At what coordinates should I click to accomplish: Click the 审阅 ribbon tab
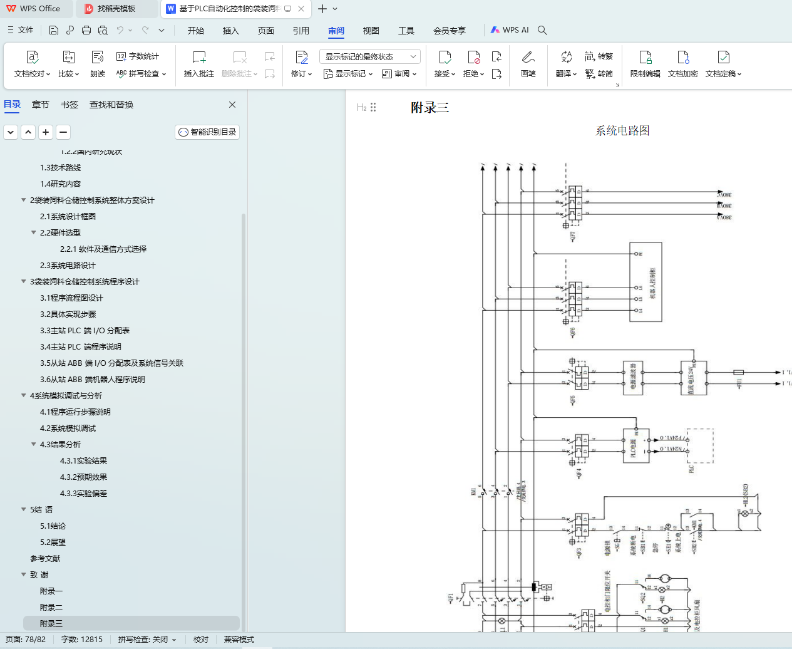(x=336, y=31)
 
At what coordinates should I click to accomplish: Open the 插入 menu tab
(x=231, y=31)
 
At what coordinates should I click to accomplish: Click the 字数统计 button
(x=138, y=56)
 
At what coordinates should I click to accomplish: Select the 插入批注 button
(x=198, y=64)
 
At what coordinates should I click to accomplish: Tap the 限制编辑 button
(x=645, y=64)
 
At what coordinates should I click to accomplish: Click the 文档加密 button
(x=682, y=64)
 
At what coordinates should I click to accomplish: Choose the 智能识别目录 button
(x=207, y=132)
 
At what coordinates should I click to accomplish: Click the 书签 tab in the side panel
(x=69, y=105)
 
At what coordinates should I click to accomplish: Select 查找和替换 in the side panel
(x=111, y=105)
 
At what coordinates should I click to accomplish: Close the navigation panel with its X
(x=232, y=105)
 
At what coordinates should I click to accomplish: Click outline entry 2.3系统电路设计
(x=68, y=266)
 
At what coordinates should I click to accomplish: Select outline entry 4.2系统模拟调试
(x=68, y=428)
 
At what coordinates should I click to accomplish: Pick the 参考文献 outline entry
(x=45, y=559)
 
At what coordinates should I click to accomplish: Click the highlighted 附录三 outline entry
(x=51, y=624)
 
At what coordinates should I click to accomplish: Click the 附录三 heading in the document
(x=429, y=108)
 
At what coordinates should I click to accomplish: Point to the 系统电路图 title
(x=622, y=131)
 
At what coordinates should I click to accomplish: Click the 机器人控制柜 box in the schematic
(x=645, y=282)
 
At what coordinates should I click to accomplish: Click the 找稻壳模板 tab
(x=116, y=9)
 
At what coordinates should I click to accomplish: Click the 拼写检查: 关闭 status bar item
(x=147, y=640)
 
